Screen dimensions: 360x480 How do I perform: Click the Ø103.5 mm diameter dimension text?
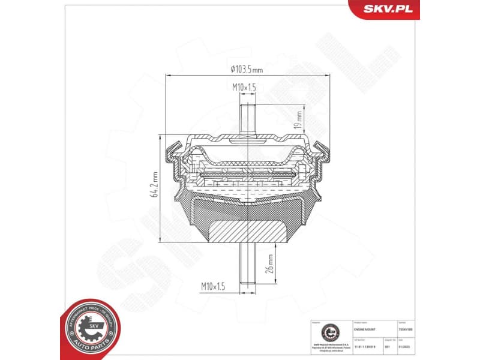tap(247, 69)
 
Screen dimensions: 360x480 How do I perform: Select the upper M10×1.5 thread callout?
tap(244, 88)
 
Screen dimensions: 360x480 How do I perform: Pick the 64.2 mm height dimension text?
tap(154, 186)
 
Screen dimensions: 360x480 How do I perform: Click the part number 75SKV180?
tap(415, 331)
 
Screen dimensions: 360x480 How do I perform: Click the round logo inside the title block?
tap(329, 334)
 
